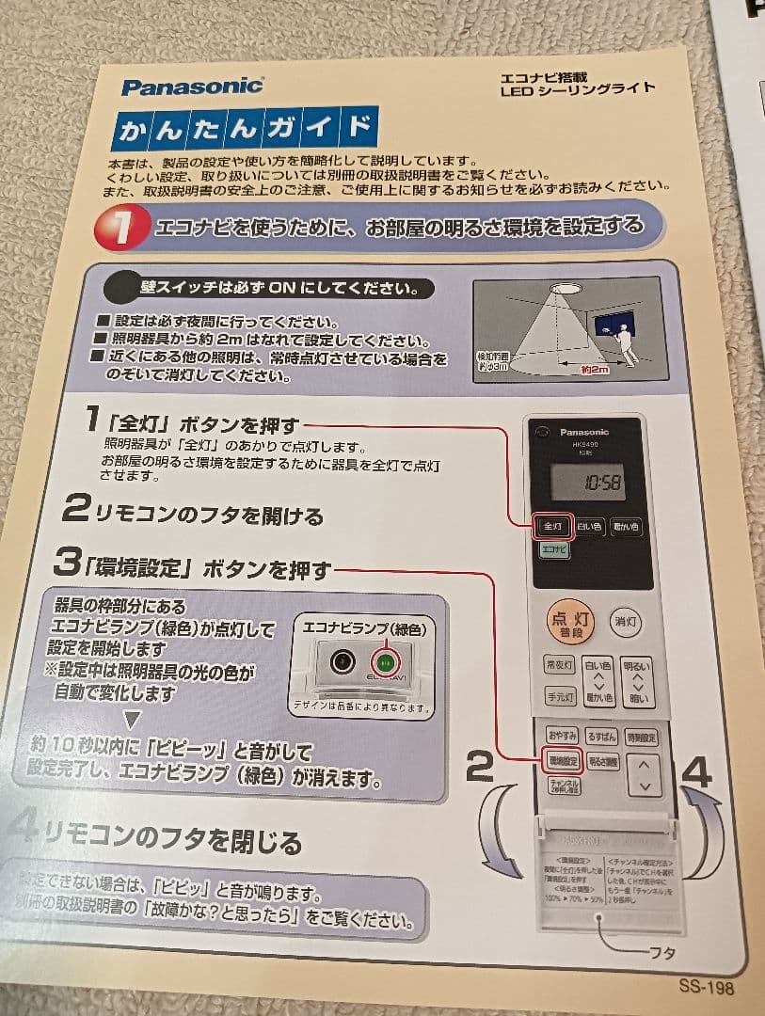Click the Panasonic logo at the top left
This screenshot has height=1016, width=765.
tap(192, 87)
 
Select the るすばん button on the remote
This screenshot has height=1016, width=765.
tap(601, 736)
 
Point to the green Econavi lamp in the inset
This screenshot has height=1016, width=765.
tap(385, 660)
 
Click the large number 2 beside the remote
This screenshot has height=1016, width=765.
tap(480, 768)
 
